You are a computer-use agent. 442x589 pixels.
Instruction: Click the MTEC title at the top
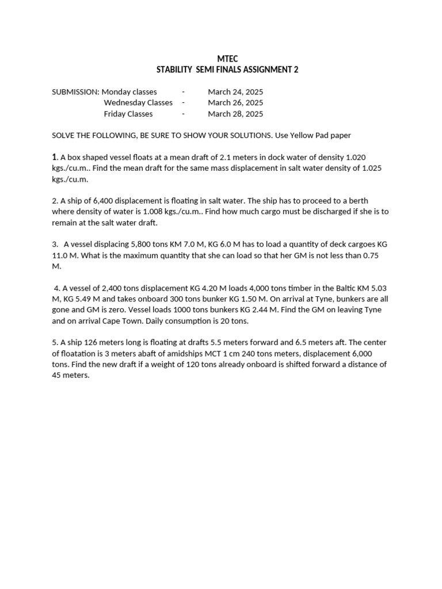point(227,59)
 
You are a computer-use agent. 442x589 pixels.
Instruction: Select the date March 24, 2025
point(235,92)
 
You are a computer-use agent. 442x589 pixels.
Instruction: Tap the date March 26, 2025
point(235,103)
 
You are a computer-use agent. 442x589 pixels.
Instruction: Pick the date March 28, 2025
point(235,114)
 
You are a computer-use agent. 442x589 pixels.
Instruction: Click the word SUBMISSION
point(75,92)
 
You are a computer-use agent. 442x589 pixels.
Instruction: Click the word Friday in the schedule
point(114,114)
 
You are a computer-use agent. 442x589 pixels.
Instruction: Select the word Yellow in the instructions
point(299,136)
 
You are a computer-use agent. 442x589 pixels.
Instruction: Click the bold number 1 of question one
point(54,157)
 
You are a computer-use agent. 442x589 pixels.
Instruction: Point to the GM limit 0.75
point(373,255)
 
